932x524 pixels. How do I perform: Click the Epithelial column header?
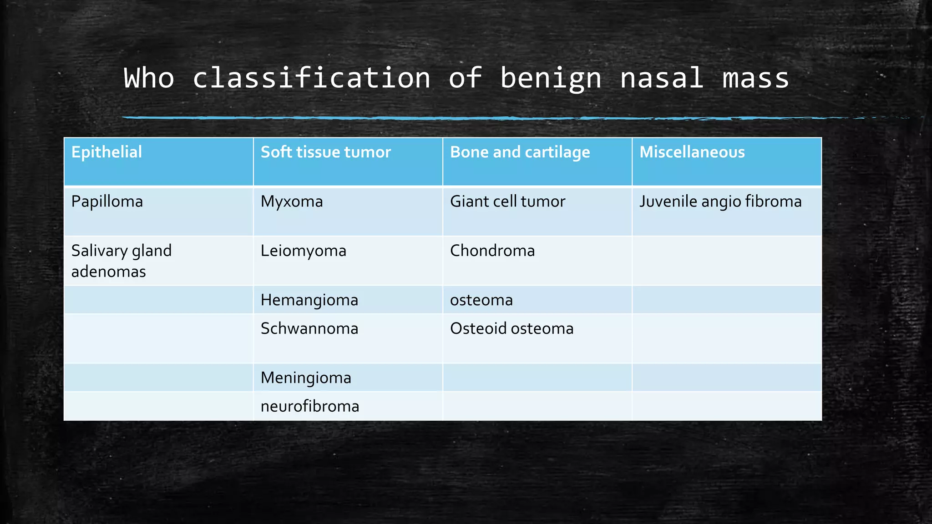click(x=106, y=152)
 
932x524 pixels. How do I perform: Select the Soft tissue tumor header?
click(x=325, y=152)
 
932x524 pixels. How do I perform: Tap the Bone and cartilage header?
click(x=520, y=152)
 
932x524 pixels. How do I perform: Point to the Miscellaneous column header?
click(x=692, y=152)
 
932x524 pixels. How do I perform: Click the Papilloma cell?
click(x=107, y=202)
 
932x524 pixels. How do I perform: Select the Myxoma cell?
click(x=292, y=202)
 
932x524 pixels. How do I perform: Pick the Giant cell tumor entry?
click(x=507, y=202)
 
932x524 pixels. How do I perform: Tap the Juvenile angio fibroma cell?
click(x=720, y=202)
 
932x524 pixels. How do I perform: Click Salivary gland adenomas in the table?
click(x=121, y=261)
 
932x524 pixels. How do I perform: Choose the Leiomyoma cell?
click(x=303, y=251)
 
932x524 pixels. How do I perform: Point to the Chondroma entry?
click(x=492, y=251)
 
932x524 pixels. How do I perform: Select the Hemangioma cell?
click(x=309, y=300)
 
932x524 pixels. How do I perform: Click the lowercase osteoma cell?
click(x=481, y=300)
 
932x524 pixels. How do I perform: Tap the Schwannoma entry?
click(x=309, y=328)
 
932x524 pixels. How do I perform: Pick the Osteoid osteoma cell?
click(x=512, y=328)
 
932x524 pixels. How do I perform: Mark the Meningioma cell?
click(x=306, y=378)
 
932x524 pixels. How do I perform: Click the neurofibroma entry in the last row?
click(x=309, y=406)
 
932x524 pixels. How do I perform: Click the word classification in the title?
click(x=311, y=78)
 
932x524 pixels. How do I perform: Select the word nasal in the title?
click(x=662, y=78)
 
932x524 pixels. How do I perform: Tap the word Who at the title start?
click(x=149, y=78)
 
